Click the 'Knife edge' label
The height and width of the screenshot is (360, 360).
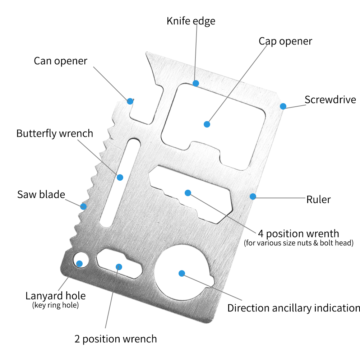[191, 21]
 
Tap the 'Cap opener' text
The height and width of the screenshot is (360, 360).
[285, 42]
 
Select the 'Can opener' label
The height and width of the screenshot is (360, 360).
[61, 61]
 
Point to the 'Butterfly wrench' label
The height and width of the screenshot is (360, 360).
[55, 134]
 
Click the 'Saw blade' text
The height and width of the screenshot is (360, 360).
[41, 194]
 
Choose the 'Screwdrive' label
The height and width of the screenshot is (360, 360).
[330, 100]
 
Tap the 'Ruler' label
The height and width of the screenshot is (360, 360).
[318, 199]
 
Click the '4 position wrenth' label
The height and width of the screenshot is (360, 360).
[299, 234]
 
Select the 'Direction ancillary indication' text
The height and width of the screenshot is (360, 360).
[294, 308]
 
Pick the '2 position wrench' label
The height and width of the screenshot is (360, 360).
[116, 339]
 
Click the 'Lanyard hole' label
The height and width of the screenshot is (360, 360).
[56, 296]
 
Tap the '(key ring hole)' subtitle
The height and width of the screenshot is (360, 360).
[56, 305]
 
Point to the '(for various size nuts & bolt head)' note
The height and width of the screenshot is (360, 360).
[299, 243]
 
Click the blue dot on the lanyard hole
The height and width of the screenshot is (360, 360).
[79, 264]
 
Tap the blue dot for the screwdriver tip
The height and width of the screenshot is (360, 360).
[283, 106]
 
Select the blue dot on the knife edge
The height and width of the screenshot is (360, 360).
[196, 83]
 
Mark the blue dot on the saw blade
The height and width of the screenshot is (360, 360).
[83, 206]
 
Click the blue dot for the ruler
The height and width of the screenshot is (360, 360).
[253, 197]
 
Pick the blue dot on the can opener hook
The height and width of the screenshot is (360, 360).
[130, 101]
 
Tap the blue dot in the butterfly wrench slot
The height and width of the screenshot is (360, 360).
[120, 177]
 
